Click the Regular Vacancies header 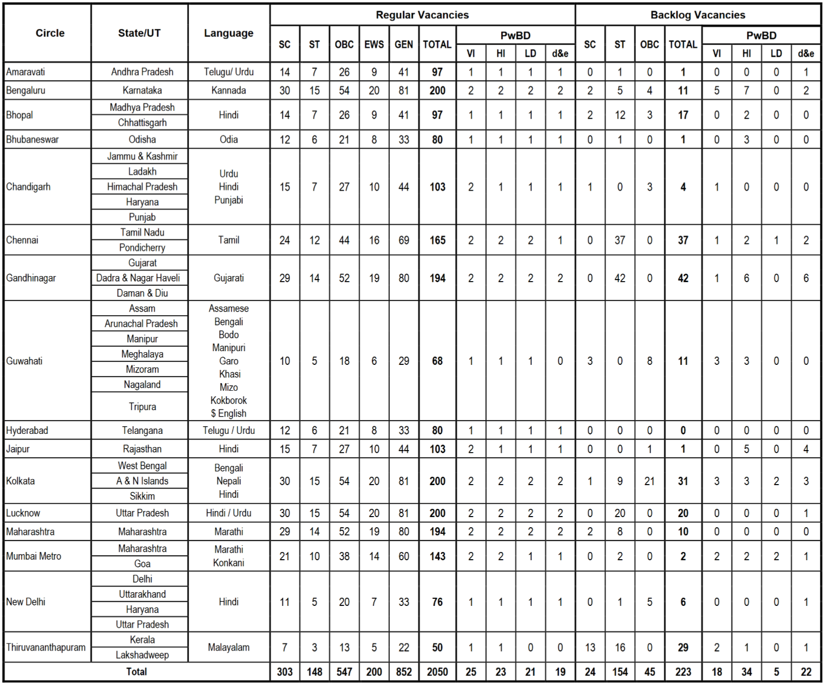click(x=422, y=15)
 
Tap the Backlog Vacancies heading click(x=698, y=15)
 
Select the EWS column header click(x=374, y=45)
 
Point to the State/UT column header click(x=139, y=33)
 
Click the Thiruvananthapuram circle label click(x=46, y=647)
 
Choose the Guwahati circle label click(x=24, y=361)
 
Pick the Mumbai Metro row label click(x=33, y=556)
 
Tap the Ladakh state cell click(x=142, y=172)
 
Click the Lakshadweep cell click(x=142, y=655)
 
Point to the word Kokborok click(x=229, y=400)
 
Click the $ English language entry click(x=229, y=414)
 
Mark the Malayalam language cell click(x=229, y=647)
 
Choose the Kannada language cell click(x=229, y=90)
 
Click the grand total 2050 click(x=437, y=672)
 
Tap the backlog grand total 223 click(x=683, y=672)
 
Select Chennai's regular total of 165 click(x=437, y=240)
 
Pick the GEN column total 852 click(x=404, y=672)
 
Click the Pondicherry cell click(x=142, y=248)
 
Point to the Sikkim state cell click(x=142, y=496)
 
